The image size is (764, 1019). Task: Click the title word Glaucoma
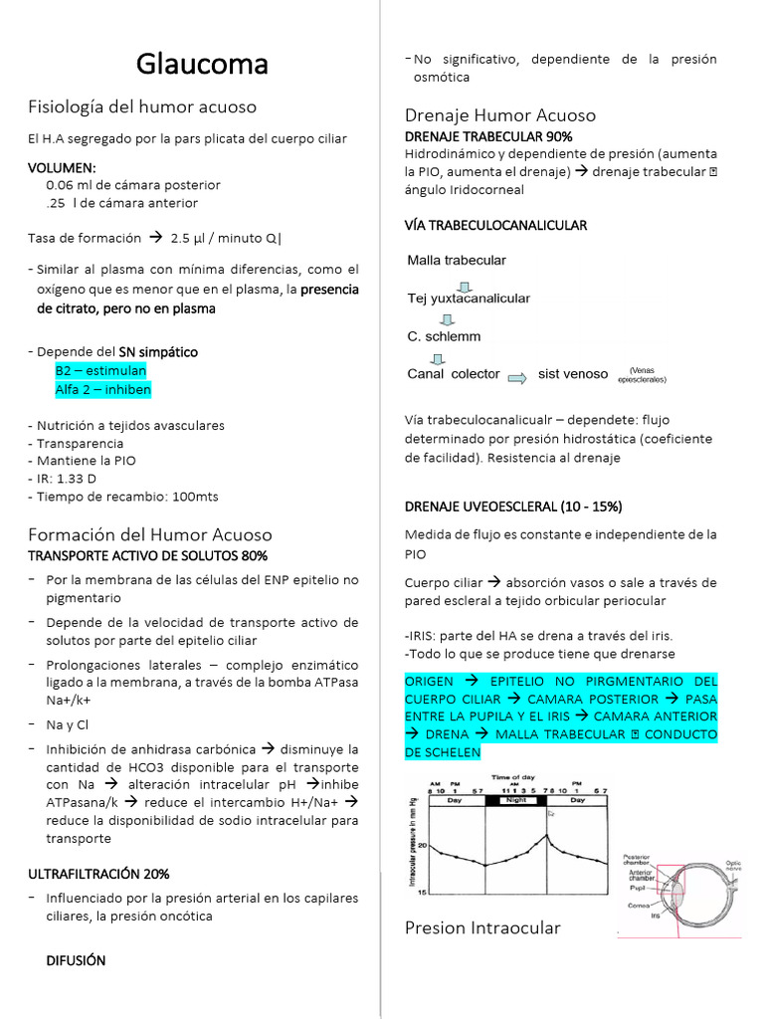pyautogui.click(x=202, y=65)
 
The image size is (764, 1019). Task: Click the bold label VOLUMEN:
pyautogui.click(x=62, y=167)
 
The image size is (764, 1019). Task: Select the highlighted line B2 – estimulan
pyautogui.click(x=100, y=370)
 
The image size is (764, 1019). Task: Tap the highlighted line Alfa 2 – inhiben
pyautogui.click(x=103, y=389)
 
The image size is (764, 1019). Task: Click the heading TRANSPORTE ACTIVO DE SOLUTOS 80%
pyautogui.click(x=147, y=555)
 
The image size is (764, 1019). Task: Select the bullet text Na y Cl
pyautogui.click(x=68, y=724)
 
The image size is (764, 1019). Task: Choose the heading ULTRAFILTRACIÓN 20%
pyautogui.click(x=98, y=874)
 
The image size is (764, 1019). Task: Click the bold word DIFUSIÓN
pyautogui.click(x=76, y=960)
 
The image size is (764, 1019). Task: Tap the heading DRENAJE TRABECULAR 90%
pyautogui.click(x=488, y=136)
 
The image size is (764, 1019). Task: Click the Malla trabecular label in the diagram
pyautogui.click(x=457, y=261)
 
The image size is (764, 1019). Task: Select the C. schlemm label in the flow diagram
pyautogui.click(x=444, y=336)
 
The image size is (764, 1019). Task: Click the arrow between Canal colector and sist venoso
pyautogui.click(x=517, y=375)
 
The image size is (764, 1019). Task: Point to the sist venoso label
pyautogui.click(x=572, y=374)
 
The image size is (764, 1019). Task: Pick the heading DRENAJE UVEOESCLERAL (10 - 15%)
pyautogui.click(x=513, y=507)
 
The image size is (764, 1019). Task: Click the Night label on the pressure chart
pyautogui.click(x=515, y=799)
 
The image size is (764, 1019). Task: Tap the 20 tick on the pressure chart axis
pyautogui.click(x=422, y=845)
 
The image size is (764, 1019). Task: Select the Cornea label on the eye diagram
pyautogui.click(x=638, y=906)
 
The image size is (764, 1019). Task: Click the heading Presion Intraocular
pyautogui.click(x=482, y=927)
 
